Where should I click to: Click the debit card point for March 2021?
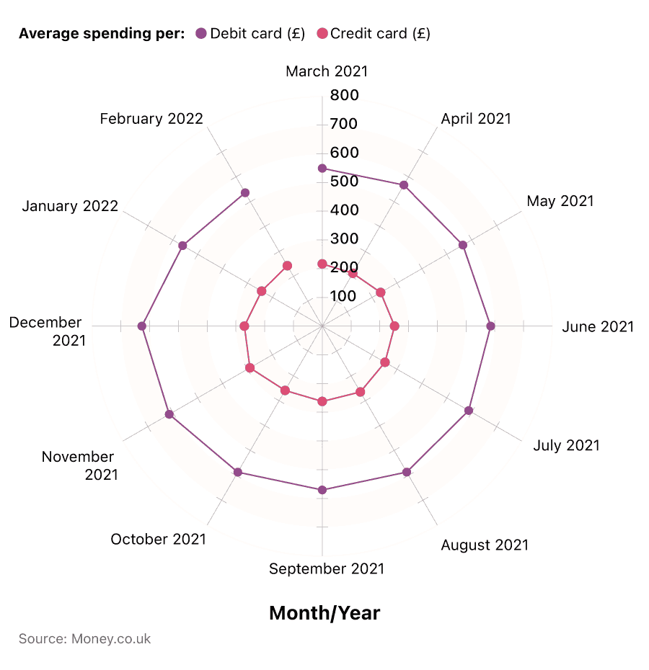(322, 169)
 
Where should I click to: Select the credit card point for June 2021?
(394, 326)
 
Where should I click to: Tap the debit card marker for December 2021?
(142, 326)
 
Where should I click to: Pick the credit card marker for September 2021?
(322, 401)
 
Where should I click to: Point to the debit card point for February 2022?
(245, 192)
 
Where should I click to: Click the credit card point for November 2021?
(250, 368)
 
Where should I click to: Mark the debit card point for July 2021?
(469, 411)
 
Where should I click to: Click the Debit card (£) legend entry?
(250, 33)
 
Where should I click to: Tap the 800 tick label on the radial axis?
(344, 95)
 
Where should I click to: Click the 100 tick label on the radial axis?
(344, 296)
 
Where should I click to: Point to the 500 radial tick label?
(344, 182)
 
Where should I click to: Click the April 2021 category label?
(476, 119)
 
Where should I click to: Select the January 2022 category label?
(70, 206)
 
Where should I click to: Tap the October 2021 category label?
(158, 539)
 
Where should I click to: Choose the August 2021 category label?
(485, 545)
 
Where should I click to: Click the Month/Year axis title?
(324, 613)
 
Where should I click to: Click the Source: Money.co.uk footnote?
(84, 639)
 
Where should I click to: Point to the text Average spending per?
(102, 33)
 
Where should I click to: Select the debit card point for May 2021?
(463, 245)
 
